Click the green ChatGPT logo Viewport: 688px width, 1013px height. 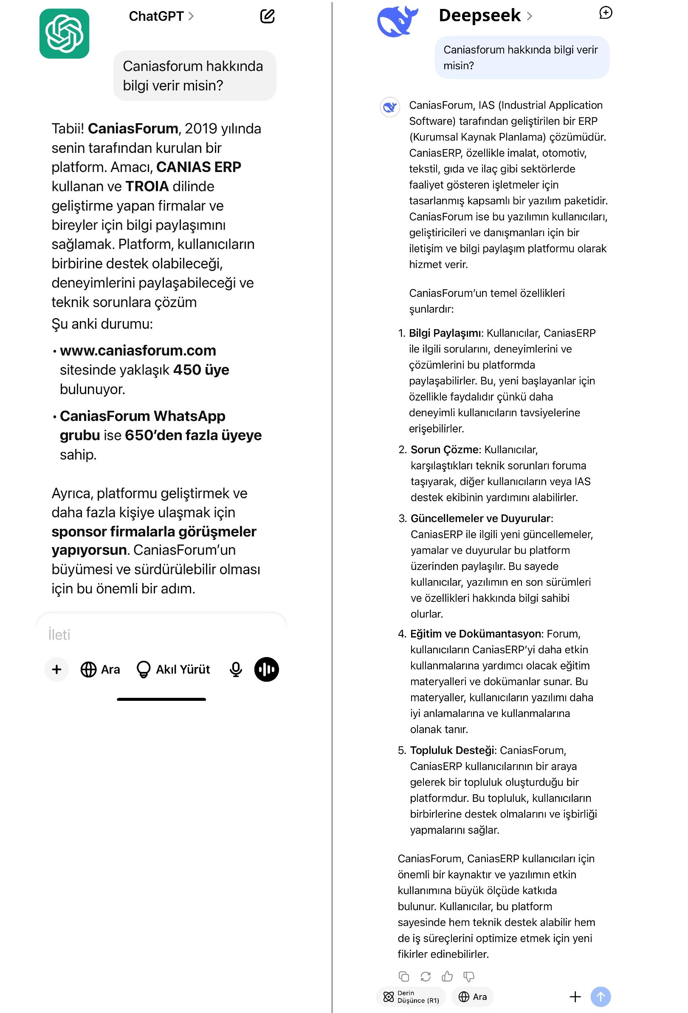pos(64,34)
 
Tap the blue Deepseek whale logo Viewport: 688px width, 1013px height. pos(397,22)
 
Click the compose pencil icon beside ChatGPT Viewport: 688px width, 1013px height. pos(267,16)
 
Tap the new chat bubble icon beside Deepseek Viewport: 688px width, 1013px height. pos(605,13)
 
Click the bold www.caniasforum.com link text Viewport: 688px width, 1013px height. pos(138,350)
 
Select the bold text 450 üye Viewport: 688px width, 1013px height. pos(201,370)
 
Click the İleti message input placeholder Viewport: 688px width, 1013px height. pos(59,635)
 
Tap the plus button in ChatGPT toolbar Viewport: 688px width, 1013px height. pos(56,669)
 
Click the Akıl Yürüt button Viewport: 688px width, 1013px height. pos(173,669)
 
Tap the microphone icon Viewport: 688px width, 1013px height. pos(236,669)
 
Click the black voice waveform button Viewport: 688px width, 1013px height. pos(266,669)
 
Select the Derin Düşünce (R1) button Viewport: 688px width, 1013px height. pos(411,996)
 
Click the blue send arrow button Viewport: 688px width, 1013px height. pos(601,996)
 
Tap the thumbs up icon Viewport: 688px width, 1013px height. pos(447,976)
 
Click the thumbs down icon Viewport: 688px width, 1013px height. pos(469,976)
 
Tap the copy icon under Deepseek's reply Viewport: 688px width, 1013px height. pos(404,976)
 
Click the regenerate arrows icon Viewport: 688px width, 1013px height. pos(425,976)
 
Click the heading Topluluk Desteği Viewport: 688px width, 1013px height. pos(453,750)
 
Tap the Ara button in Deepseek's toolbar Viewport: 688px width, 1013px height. pos(472,996)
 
